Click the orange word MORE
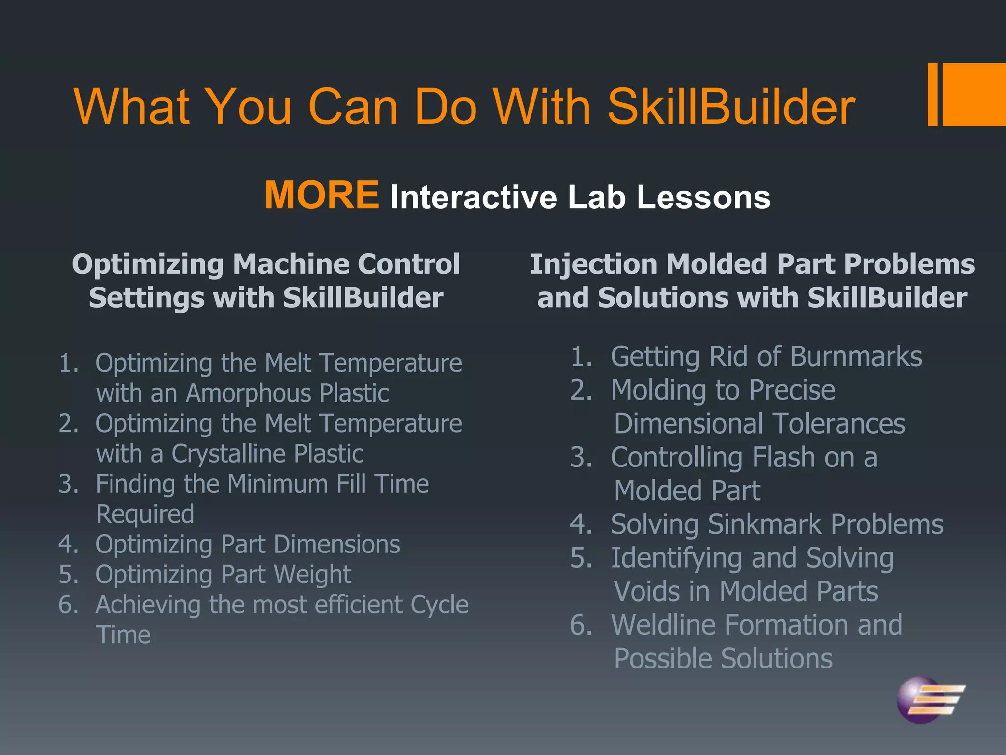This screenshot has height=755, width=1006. (322, 196)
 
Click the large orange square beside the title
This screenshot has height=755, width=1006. (974, 94)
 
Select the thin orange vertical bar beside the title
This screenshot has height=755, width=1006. (932, 94)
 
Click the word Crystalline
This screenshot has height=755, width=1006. (229, 454)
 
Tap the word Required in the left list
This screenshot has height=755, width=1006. (145, 514)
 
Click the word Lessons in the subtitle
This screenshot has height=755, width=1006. (703, 197)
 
